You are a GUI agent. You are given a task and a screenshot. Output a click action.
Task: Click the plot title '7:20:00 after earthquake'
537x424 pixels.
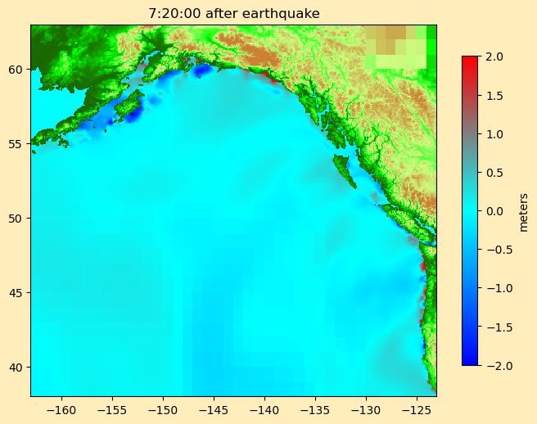click(233, 13)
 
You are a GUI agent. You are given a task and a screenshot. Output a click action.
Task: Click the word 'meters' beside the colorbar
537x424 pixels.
click(523, 211)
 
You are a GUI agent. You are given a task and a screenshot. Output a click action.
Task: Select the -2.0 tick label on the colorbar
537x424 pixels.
click(494, 365)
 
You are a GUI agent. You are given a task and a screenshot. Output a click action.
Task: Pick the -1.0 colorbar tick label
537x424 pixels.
click(494, 288)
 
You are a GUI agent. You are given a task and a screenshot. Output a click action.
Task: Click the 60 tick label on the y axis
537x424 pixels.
click(17, 69)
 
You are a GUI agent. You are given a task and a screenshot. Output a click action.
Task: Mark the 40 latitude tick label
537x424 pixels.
click(17, 367)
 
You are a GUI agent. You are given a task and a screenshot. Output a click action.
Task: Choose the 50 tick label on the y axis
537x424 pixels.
click(17, 218)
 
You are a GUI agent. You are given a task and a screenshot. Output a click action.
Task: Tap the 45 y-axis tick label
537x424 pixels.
click(17, 292)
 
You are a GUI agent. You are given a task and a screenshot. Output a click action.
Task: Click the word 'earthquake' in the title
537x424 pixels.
click(281, 13)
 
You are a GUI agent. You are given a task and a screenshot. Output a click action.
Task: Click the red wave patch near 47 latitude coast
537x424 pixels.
click(422, 265)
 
